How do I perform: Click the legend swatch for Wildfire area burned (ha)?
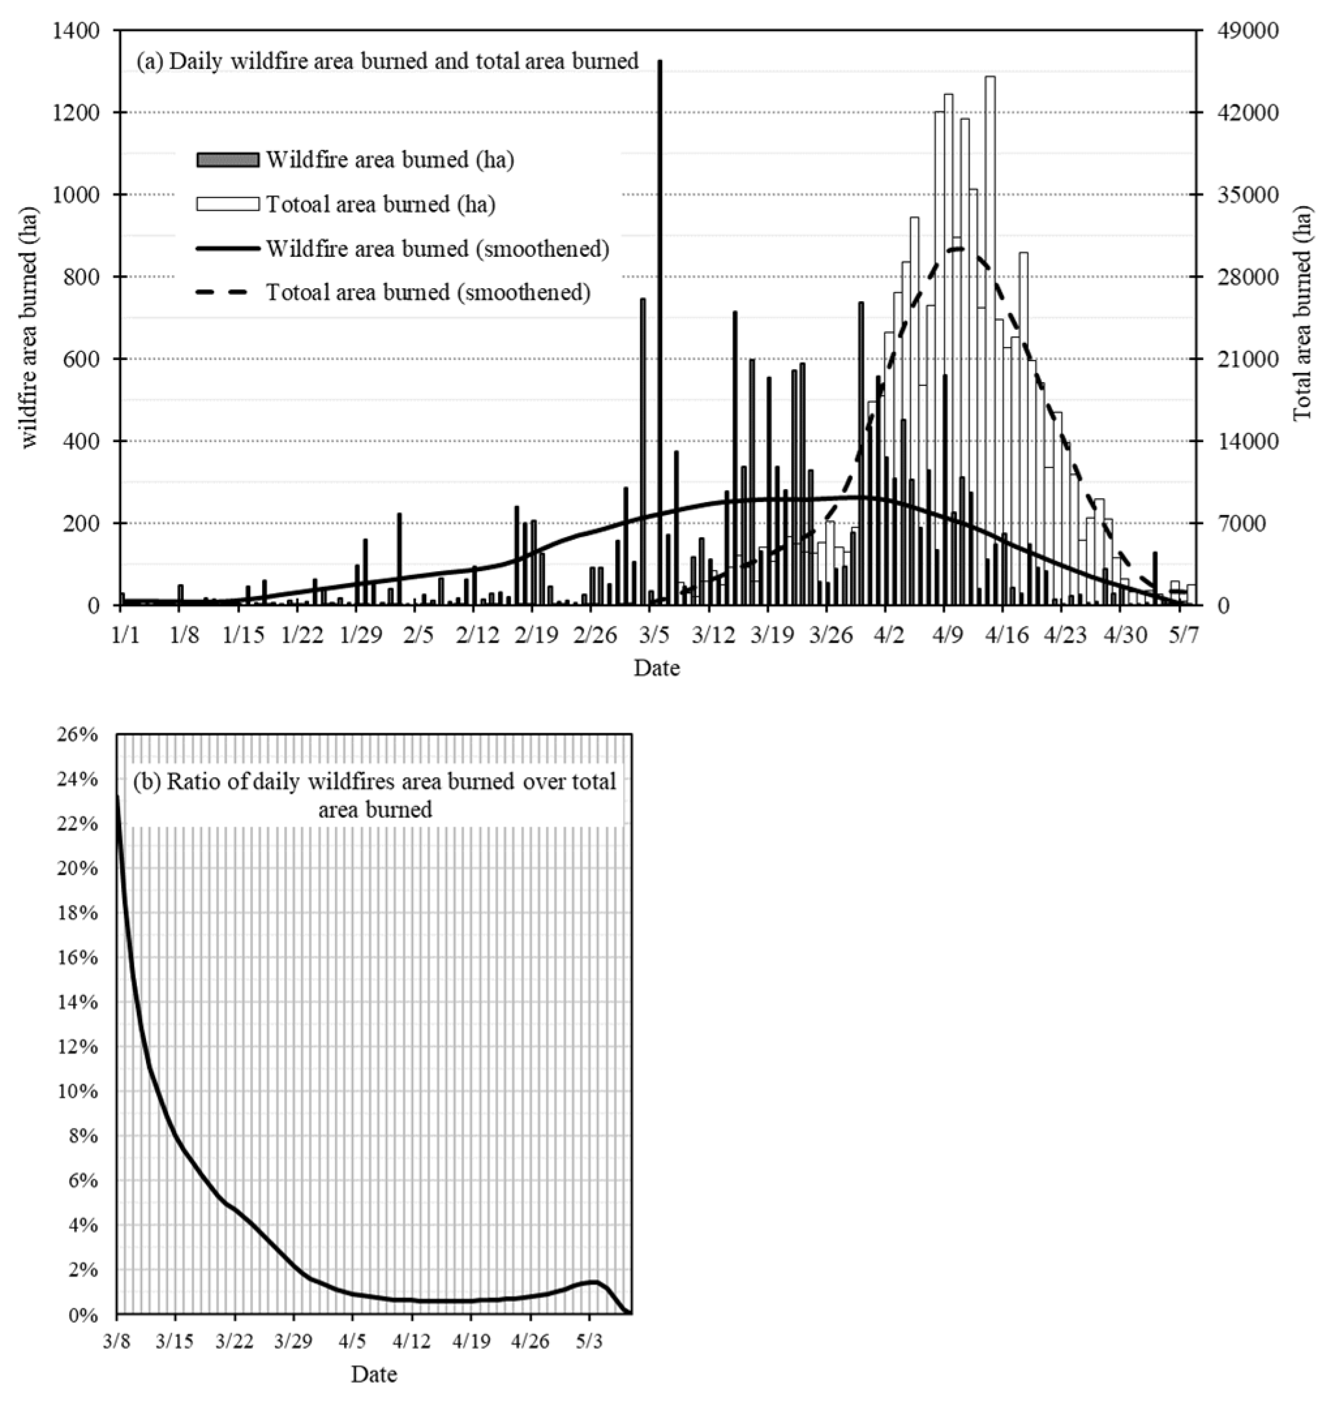click(x=227, y=159)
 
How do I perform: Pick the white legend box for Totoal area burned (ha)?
click(x=227, y=204)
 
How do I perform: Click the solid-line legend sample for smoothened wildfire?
click(x=227, y=248)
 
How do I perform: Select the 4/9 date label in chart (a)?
click(x=944, y=636)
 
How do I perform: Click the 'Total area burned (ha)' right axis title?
click(x=1303, y=313)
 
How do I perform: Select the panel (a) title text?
click(x=388, y=61)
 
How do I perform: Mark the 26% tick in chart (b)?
click(x=77, y=734)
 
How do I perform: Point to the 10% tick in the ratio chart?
click(x=77, y=1091)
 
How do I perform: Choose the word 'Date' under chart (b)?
click(x=373, y=1374)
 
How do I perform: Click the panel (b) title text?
click(x=375, y=795)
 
